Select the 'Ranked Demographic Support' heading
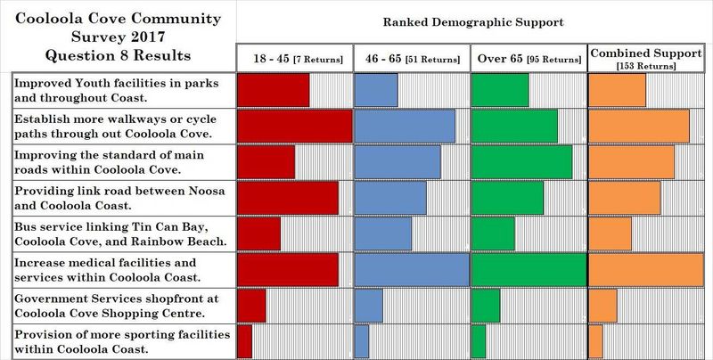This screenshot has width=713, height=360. pos(473,20)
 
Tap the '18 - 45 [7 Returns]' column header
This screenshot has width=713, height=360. pos(293,59)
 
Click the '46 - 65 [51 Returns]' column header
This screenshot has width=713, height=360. pos(411,59)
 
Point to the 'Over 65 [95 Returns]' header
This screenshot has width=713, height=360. pos(528,59)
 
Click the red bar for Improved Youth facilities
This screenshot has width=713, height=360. pos(273,90)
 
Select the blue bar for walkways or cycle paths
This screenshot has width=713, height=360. pos(405,126)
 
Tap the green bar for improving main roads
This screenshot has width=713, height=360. pos(521,161)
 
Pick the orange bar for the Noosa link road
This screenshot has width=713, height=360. pos(624,198)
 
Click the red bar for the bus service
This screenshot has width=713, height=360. pos(258,233)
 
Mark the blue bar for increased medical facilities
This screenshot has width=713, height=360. pos(412,269)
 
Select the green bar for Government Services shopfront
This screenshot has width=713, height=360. pos(485,306)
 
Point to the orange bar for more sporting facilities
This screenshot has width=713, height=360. pos(595,340)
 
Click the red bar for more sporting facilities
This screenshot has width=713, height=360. pos(244,340)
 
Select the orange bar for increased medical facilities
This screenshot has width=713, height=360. pos(646,269)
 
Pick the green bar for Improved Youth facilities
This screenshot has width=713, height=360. pos(499,90)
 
